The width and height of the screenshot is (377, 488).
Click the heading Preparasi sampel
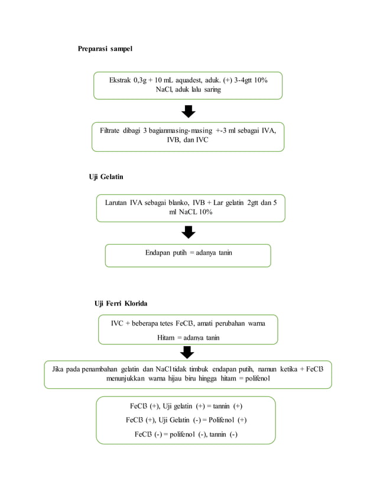coord(105,49)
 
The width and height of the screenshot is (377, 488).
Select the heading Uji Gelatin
coord(106,177)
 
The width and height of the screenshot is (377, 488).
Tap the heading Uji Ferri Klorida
coord(121,304)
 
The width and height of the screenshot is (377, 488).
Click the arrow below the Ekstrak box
coord(188,112)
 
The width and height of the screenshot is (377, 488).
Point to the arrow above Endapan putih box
coord(188,232)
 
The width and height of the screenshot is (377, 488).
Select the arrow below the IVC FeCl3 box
coord(187,353)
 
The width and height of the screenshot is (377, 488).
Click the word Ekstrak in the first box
coord(120,80)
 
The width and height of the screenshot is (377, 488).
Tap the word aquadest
coord(188,80)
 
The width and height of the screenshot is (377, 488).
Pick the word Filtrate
coord(109,131)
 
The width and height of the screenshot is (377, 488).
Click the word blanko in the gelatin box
coord(178,203)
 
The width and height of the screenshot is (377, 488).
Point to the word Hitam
coord(165,338)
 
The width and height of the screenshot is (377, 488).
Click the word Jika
coord(57,369)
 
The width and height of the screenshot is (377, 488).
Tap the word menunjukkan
coord(125,379)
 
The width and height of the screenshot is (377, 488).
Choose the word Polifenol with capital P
coord(222,420)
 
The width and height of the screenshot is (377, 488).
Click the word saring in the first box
coord(212,90)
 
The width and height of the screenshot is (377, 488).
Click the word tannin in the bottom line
coord(217,434)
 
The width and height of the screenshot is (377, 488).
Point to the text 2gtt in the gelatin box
coord(253,203)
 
